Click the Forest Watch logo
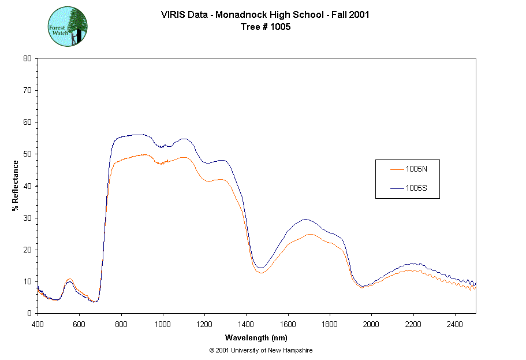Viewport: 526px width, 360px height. click(x=68, y=27)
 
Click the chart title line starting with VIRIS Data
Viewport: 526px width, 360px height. click(x=265, y=15)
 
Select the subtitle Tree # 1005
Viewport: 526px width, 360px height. click(x=265, y=27)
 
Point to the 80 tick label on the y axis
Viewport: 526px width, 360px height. click(x=27, y=58)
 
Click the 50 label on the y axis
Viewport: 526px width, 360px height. click(x=27, y=154)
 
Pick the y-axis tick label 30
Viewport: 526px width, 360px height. click(x=27, y=218)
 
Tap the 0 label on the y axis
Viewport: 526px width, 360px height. click(x=29, y=313)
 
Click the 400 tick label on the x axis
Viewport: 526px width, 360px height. click(x=38, y=324)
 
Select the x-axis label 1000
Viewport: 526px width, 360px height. click(x=163, y=324)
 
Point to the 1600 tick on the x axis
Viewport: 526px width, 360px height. click(x=288, y=324)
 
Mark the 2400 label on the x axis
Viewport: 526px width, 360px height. click(x=455, y=324)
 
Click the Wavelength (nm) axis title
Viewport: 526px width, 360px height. click(x=256, y=338)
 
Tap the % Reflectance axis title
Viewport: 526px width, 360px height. click(x=15, y=185)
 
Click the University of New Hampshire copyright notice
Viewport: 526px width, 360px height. click(x=261, y=351)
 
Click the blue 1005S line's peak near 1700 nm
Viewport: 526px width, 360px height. click(x=306, y=219)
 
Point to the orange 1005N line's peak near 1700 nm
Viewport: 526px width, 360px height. click(x=310, y=234)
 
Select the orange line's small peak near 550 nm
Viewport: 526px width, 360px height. click(x=69, y=279)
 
